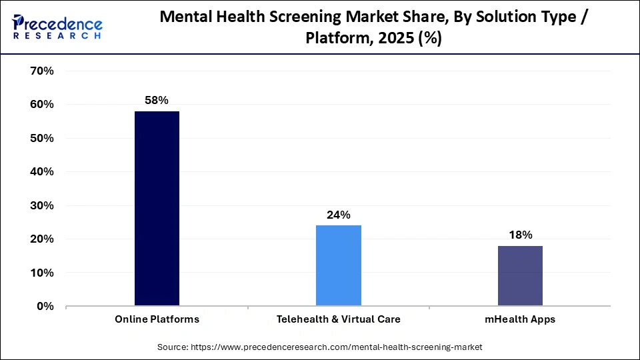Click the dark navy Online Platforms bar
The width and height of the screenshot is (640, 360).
pyautogui.click(x=157, y=209)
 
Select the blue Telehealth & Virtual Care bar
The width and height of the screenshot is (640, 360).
pyautogui.click(x=338, y=265)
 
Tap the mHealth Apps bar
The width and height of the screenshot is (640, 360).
pyautogui.click(x=520, y=276)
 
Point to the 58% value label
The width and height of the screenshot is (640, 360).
pyautogui.click(x=157, y=100)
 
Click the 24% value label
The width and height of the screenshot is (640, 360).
pyautogui.click(x=338, y=215)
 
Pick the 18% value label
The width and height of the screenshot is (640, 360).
pyautogui.click(x=520, y=235)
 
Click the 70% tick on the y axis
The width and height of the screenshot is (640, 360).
pyautogui.click(x=41, y=71)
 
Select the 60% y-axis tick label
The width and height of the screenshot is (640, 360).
pyautogui.click(x=41, y=105)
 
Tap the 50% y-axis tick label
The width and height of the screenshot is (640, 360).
pyautogui.click(x=41, y=138)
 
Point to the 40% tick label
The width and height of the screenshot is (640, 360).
pyautogui.click(x=41, y=171)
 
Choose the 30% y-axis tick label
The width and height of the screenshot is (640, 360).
pyautogui.click(x=41, y=205)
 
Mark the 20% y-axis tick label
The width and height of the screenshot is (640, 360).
pyautogui.click(x=41, y=239)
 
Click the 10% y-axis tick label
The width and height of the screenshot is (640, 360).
pyautogui.click(x=41, y=273)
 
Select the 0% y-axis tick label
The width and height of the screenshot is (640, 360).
pyautogui.click(x=44, y=306)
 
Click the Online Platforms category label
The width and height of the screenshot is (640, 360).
pyautogui.click(x=157, y=319)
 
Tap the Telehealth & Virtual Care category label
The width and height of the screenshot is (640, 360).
pyautogui.click(x=338, y=319)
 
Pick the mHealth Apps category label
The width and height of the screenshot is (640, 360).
pyautogui.click(x=520, y=319)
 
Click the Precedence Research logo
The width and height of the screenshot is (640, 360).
pyautogui.click(x=57, y=27)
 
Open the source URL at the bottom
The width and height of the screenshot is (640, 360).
pyautogui.click(x=319, y=347)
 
